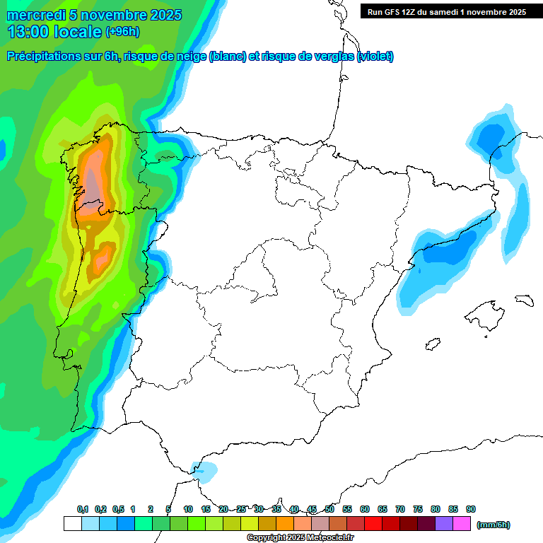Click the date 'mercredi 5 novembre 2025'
tap(93, 15)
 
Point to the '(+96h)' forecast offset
tap(122, 31)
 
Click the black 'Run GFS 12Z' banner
tap(446, 11)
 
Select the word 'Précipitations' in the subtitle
tap(43, 57)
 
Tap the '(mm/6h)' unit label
tap(493, 525)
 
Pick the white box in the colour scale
tap(72, 524)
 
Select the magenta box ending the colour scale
tap(462, 524)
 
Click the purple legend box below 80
tap(444, 524)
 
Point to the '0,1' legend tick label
tap(82, 509)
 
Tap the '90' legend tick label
tap(471, 509)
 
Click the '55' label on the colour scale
tap(347, 509)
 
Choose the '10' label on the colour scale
tap(188, 509)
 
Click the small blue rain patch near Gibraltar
tap(206, 470)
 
